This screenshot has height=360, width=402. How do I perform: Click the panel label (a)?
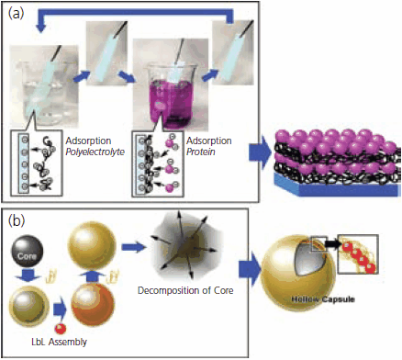(x=17, y=14)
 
